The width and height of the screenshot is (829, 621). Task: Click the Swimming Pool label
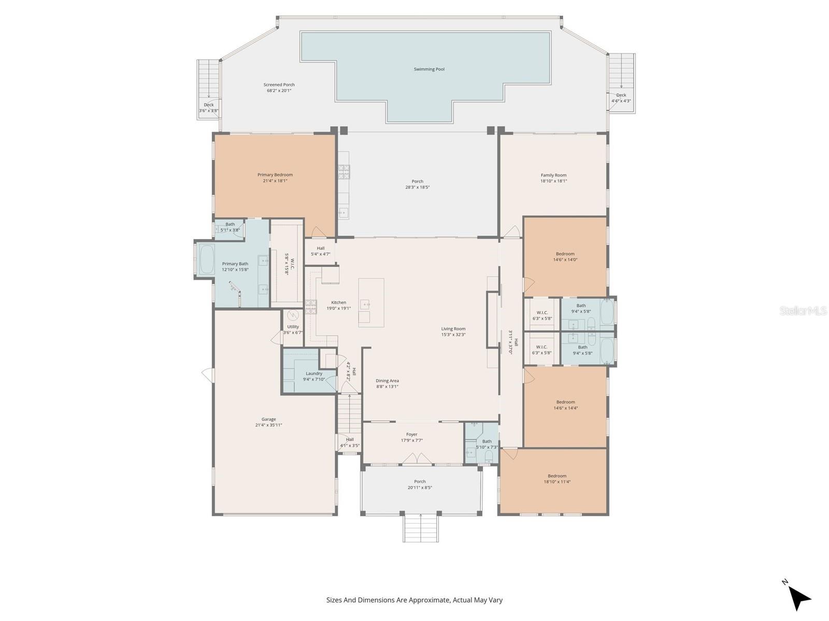pos(429,69)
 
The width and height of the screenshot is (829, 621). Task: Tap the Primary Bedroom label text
pos(275,175)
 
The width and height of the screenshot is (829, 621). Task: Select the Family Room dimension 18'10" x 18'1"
pos(553,181)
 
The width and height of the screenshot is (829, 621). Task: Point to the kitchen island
pos(371,303)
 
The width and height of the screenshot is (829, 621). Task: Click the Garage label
pos(268,419)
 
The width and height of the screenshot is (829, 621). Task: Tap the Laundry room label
pos(314,374)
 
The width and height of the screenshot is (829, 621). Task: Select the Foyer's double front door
pos(418,459)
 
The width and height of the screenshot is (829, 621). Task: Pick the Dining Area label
pos(387,381)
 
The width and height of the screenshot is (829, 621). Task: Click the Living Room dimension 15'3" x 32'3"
pos(453,335)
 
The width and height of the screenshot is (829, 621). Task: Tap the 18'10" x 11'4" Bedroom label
pos(557,482)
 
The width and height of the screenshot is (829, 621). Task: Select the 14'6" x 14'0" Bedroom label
pos(565,254)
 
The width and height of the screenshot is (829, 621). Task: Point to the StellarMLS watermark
pos(803,310)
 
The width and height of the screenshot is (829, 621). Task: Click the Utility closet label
pos(293,327)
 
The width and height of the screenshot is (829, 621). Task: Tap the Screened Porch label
pos(279,85)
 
